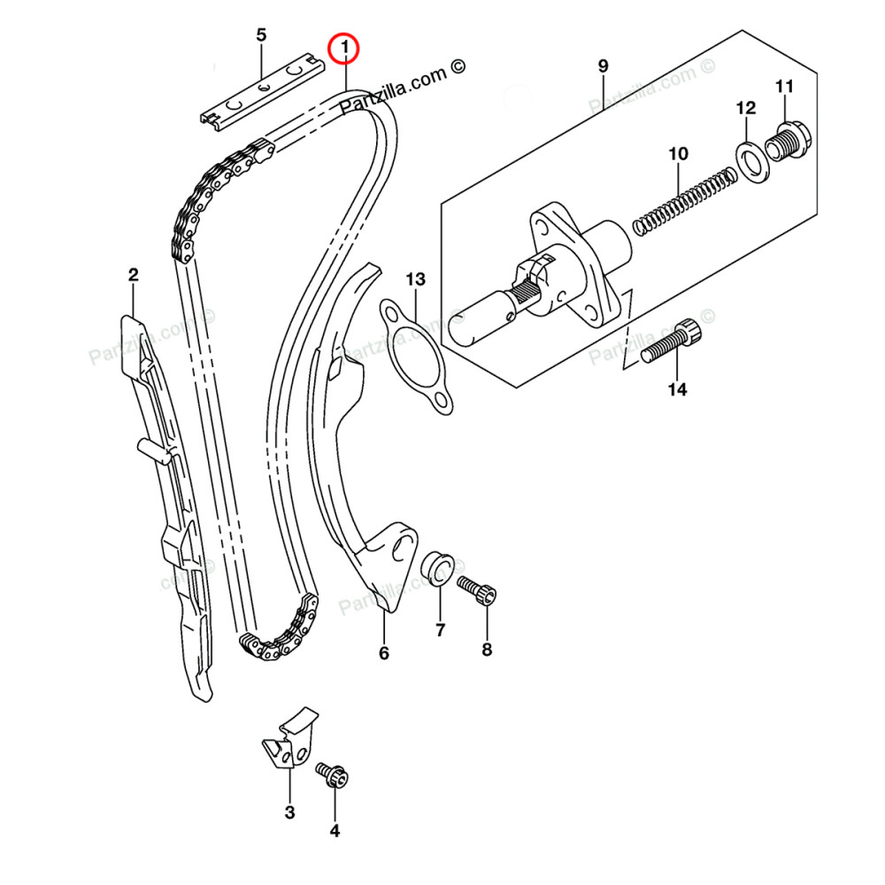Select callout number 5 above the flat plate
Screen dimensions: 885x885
click(x=261, y=35)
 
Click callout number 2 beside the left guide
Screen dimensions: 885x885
click(x=133, y=275)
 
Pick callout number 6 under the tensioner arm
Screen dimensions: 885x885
click(x=384, y=653)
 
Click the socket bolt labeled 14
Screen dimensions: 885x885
click(x=670, y=344)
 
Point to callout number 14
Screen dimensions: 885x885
click(x=677, y=389)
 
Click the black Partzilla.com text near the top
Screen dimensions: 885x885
click(x=402, y=86)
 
